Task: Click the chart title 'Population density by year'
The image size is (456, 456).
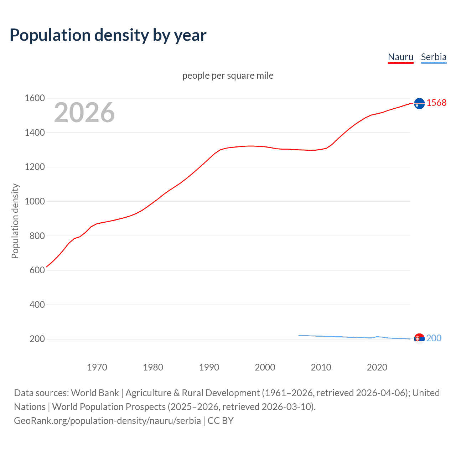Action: tap(108, 35)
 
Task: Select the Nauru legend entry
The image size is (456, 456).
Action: tap(400, 57)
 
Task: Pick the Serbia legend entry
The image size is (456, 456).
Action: tap(434, 57)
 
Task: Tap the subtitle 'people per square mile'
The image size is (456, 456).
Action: tap(228, 76)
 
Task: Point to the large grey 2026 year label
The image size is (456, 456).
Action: tap(84, 113)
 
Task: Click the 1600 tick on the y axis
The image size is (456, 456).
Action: tap(35, 98)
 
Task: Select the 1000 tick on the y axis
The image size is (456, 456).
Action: tap(35, 201)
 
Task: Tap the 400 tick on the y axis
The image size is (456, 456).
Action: tap(37, 305)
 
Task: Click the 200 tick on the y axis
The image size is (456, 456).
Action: tap(37, 339)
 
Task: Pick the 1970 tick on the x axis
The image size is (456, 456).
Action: tap(97, 367)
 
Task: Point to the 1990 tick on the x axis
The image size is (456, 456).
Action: tap(209, 367)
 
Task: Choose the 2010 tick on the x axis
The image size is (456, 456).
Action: tap(321, 367)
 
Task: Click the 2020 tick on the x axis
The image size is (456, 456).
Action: tap(377, 367)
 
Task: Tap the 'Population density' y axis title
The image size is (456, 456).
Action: tap(15, 221)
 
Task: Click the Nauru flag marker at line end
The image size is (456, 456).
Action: tap(419, 103)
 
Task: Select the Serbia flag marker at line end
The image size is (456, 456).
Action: tap(419, 338)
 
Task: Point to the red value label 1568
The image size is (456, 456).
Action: tap(436, 103)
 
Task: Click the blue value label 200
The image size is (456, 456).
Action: tap(434, 338)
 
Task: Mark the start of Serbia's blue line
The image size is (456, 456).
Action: tap(299, 336)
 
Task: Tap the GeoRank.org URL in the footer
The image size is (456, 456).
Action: tap(107, 421)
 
